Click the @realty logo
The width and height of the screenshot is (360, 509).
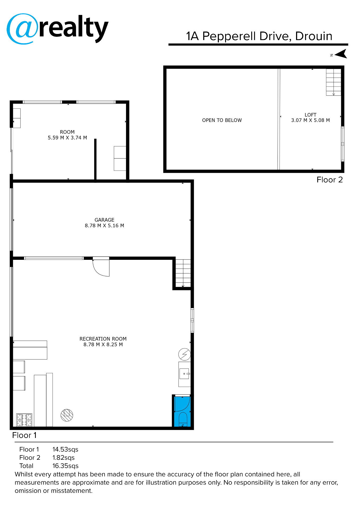point(57,29)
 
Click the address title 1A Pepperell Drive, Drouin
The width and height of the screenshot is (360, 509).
point(259,36)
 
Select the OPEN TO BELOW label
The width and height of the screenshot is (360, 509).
point(222,120)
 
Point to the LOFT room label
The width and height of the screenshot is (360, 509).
point(310,115)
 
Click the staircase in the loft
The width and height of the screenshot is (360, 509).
point(333,82)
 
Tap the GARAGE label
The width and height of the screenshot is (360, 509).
point(104,220)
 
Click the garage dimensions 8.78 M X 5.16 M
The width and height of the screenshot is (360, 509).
point(104,226)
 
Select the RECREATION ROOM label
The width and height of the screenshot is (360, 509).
point(103,339)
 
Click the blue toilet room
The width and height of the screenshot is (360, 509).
point(182,411)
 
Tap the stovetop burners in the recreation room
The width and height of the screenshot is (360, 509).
point(24,420)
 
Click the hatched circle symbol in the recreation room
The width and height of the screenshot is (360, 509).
point(67,415)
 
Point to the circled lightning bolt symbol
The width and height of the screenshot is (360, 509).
point(184,354)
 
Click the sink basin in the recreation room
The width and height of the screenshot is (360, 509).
point(184,374)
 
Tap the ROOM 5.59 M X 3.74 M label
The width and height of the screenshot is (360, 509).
point(67,135)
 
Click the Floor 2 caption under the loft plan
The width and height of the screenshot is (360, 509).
point(329,180)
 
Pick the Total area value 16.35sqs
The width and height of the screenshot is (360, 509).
point(65,466)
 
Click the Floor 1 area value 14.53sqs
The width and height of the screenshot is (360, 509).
point(65,449)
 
